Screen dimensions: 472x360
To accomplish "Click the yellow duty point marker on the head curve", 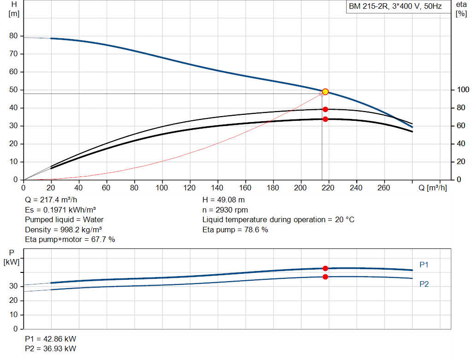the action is point(325,92).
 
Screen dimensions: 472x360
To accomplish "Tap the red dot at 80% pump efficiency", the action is point(325,109).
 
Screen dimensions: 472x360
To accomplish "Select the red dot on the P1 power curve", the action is point(325,268).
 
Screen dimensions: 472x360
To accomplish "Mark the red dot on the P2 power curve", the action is point(325,277).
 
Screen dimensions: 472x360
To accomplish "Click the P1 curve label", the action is point(424,265).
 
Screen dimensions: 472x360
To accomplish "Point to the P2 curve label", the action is point(424,284).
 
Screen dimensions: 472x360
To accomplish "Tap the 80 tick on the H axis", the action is point(13,35).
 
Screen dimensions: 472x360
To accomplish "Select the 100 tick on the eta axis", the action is point(463,89).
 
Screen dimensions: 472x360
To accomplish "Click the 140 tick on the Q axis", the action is point(217,188).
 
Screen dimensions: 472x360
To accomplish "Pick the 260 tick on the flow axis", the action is point(383,188).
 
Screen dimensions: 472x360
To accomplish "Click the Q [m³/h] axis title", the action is point(432,188).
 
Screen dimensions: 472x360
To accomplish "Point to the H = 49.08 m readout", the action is point(224,200).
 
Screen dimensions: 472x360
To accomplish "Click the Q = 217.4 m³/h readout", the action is point(51,200).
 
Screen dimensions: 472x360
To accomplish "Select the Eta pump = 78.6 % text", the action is point(235,230).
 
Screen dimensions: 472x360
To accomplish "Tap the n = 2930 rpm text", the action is point(225,210).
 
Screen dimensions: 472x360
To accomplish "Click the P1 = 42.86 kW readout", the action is point(51,339).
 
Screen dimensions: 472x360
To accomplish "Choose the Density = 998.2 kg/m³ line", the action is point(63,230).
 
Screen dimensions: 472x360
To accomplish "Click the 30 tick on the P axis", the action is point(13,286).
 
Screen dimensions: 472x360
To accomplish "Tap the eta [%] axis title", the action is point(461,9).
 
